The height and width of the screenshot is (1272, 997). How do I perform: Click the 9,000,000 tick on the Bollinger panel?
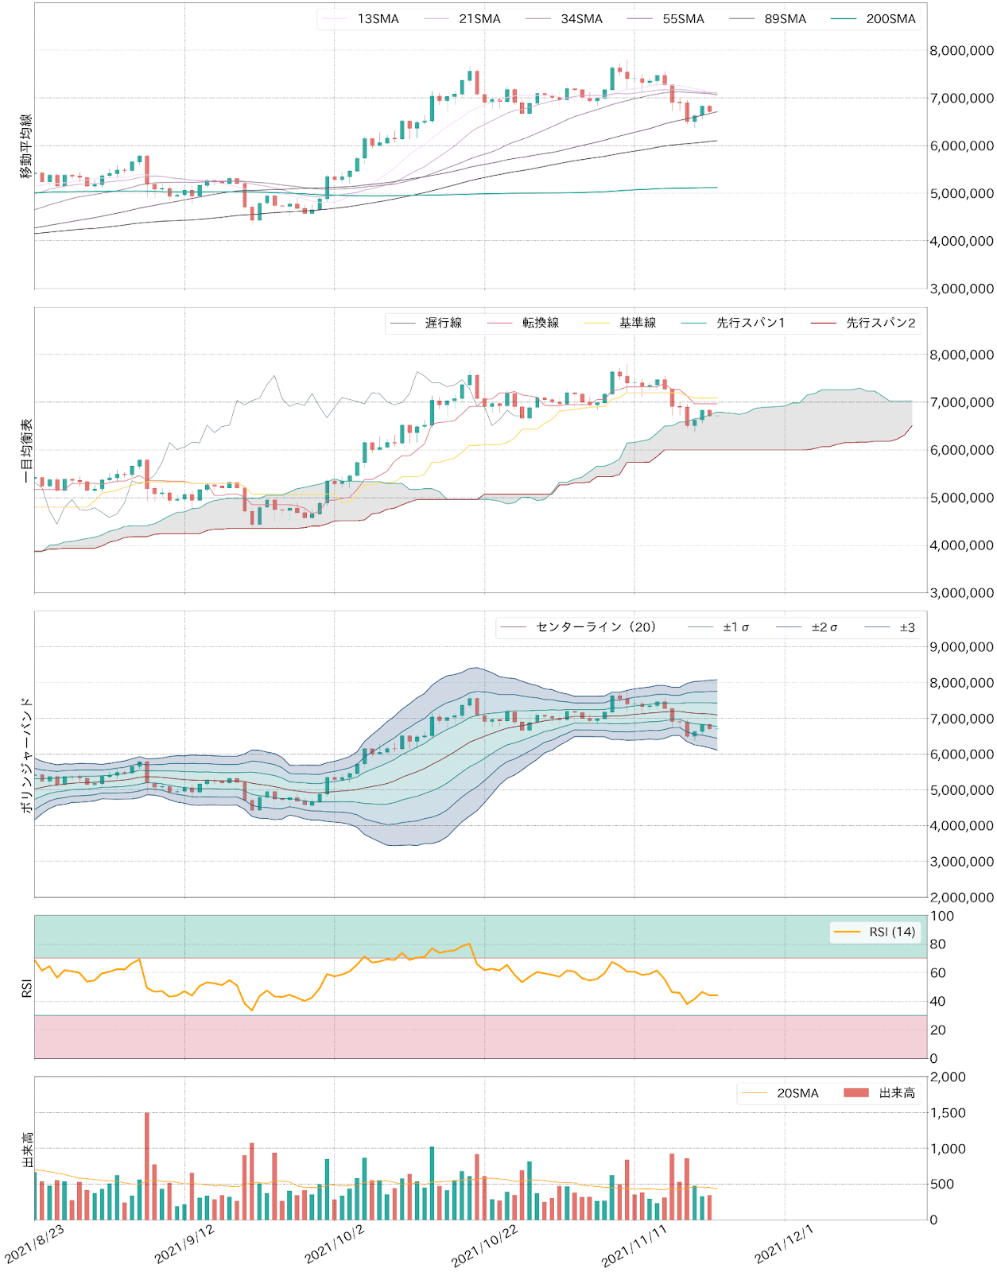click(x=961, y=647)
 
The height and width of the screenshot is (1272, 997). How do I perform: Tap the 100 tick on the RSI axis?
click(x=942, y=916)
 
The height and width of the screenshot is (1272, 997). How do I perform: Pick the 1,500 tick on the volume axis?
click(x=948, y=1113)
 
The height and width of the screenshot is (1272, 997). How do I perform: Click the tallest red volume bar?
click(x=147, y=1165)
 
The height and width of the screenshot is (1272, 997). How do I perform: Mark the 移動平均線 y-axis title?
click(x=26, y=145)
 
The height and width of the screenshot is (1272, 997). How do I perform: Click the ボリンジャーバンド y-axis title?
click(x=26, y=754)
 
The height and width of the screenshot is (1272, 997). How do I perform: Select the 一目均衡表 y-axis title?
click(x=26, y=451)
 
